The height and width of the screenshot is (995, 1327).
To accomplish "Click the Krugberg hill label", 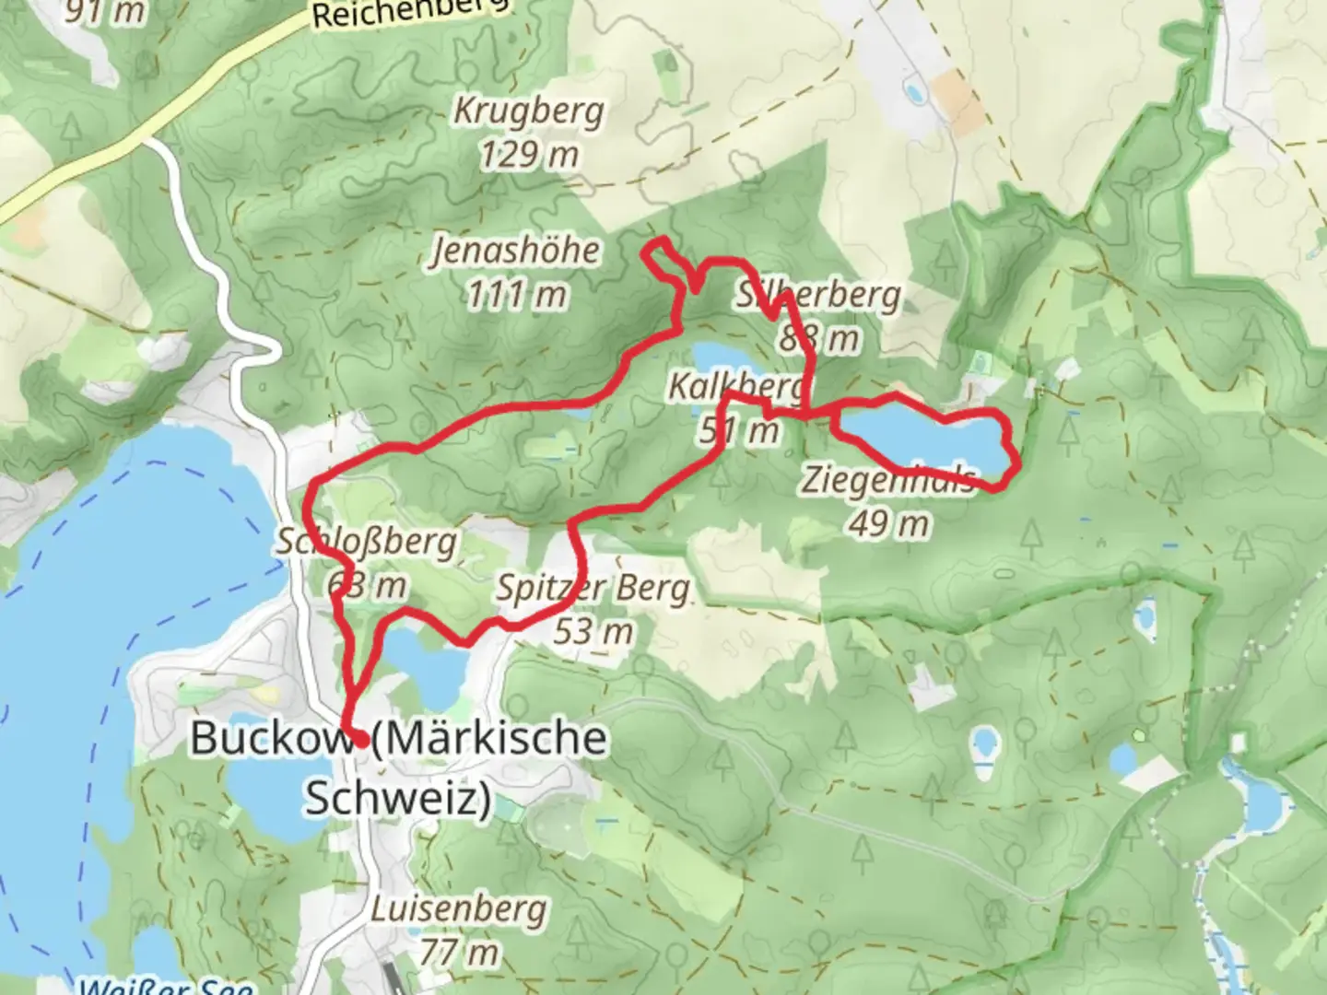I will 529,111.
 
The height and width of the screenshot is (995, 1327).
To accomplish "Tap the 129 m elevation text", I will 529,154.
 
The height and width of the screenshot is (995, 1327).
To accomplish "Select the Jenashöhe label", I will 516,251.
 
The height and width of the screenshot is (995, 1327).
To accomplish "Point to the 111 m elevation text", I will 516,295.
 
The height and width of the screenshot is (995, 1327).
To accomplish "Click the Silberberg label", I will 818,295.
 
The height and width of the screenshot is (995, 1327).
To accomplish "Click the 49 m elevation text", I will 888,523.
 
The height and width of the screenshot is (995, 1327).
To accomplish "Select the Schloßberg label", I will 367,542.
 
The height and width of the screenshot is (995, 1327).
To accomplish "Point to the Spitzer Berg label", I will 593,588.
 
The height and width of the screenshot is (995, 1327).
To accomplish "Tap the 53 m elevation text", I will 593,632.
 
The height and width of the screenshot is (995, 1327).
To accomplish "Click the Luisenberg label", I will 458,909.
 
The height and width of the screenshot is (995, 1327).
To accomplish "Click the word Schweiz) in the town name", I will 398,798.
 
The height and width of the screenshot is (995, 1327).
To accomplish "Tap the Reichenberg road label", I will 410,11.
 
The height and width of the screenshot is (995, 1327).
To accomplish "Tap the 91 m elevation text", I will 106,11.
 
